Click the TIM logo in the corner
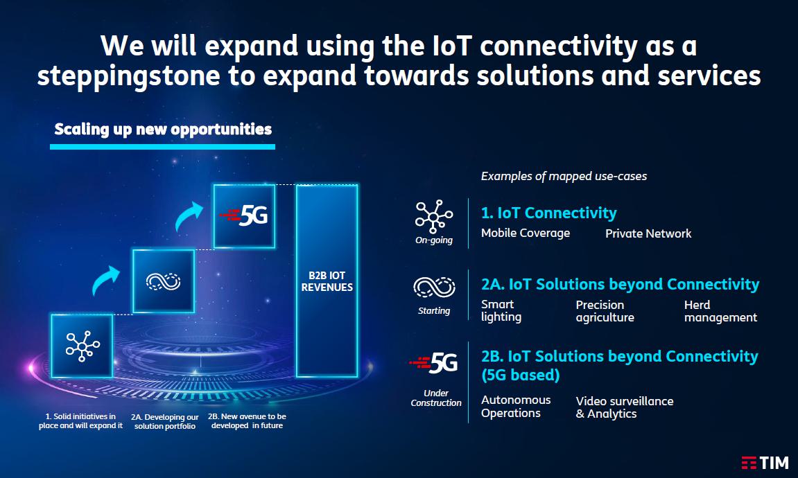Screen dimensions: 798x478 [765, 463]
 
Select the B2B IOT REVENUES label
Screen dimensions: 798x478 [327, 281]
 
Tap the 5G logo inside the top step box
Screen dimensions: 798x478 [244, 216]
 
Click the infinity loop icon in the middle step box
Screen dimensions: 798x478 [164, 281]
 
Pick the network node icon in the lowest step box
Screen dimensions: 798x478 [83, 346]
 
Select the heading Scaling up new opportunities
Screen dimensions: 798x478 [163, 129]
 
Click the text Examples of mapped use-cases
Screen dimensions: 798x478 [564, 177]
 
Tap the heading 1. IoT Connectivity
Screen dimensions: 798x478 [548, 213]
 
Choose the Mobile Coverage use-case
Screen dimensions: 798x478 [526, 233]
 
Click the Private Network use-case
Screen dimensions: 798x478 [648, 233]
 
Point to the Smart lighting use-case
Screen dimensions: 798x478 [501, 310]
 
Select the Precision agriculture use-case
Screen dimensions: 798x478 [605, 311]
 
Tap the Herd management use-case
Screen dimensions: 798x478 [720, 311]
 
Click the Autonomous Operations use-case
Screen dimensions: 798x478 [516, 407]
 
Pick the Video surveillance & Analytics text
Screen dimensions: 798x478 [625, 407]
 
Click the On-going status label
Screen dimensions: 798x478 [433, 240]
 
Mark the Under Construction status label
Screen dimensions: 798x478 [436, 398]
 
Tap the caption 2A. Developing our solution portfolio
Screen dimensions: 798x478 [165, 422]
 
